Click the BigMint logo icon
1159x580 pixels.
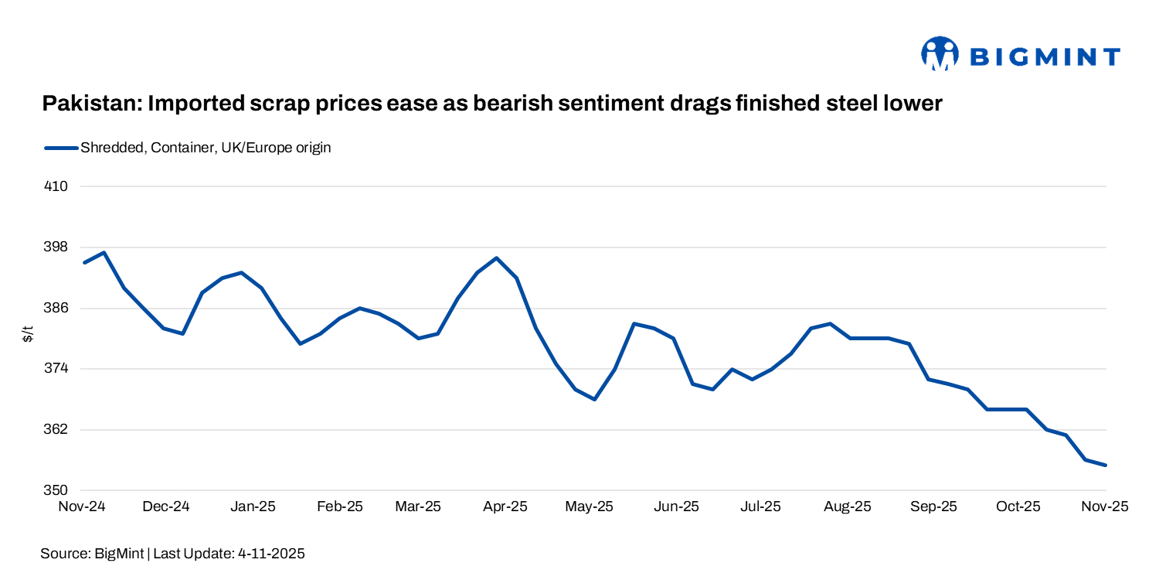(x=940, y=54)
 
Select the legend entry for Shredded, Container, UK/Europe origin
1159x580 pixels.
(x=206, y=148)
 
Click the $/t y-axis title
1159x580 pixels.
(x=28, y=335)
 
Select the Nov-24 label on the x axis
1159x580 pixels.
(x=83, y=507)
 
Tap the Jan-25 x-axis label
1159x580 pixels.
(x=253, y=507)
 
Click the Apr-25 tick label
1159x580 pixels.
(x=505, y=507)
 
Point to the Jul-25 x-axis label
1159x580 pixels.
(x=760, y=507)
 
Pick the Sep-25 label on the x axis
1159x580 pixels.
(x=933, y=507)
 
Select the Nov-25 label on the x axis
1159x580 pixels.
(x=1105, y=507)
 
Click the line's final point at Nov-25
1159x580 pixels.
(x=1106, y=465)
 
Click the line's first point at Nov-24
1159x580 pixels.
(x=84, y=263)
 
